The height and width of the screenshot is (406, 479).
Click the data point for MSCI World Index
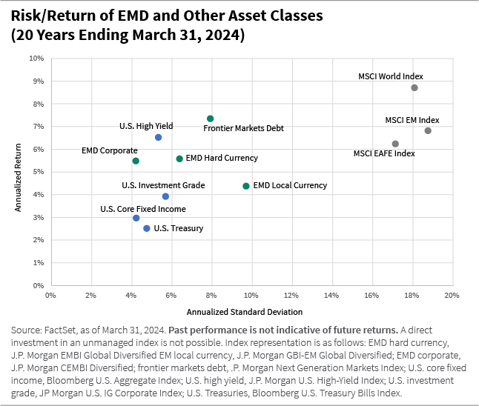click(414, 87)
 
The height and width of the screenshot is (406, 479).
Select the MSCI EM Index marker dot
click(428, 130)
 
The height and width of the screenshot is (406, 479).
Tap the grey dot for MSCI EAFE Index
click(395, 144)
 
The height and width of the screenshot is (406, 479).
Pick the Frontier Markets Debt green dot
click(210, 119)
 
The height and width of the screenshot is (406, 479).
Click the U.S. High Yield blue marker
click(158, 137)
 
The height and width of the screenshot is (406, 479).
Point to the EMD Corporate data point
click(135, 161)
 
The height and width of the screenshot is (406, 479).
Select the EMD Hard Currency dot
click(179, 159)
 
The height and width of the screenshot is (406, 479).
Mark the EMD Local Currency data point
click(246, 186)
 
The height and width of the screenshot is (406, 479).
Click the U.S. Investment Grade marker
click(165, 196)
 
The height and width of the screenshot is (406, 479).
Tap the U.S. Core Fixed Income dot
click(136, 218)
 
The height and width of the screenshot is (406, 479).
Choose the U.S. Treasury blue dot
click(146, 228)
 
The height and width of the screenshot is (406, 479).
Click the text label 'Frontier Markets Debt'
click(243, 128)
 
